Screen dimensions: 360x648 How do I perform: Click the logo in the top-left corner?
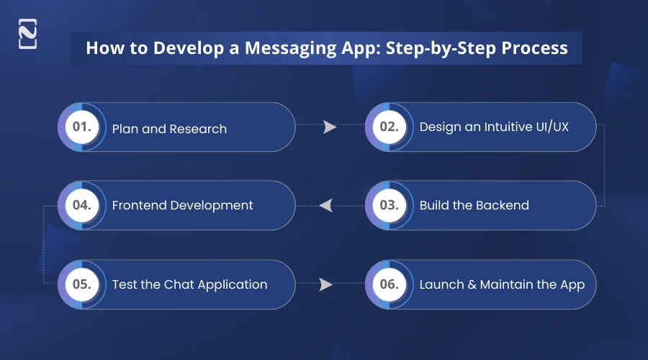click(27, 35)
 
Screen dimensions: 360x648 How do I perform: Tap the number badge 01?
click(81, 127)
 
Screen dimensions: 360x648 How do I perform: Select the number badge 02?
click(389, 127)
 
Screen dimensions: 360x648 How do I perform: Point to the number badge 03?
click(389, 205)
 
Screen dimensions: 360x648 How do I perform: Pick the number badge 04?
click(81, 205)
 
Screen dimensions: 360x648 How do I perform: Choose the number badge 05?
click(81, 284)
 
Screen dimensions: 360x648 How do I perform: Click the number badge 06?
click(389, 284)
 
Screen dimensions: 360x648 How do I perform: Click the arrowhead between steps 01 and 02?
click(330, 127)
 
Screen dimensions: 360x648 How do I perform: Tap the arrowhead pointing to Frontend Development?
click(325, 206)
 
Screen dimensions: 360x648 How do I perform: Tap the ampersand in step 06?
click(472, 284)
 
